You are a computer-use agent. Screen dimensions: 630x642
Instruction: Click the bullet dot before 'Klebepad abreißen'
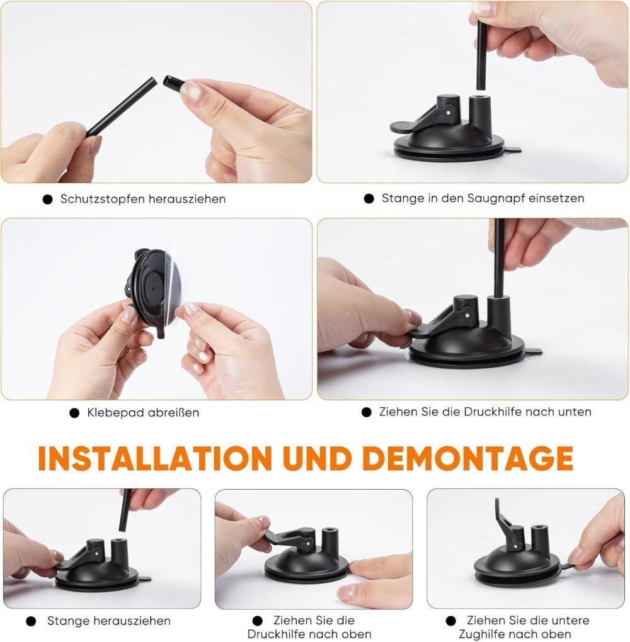(74, 413)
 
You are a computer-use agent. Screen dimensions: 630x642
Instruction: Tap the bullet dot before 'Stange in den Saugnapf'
(369, 198)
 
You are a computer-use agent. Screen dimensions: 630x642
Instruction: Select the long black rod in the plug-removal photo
(122, 106)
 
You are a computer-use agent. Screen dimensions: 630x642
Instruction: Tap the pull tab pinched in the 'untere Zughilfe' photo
(568, 566)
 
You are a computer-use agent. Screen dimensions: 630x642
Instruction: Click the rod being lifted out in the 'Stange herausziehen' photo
(125, 510)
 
